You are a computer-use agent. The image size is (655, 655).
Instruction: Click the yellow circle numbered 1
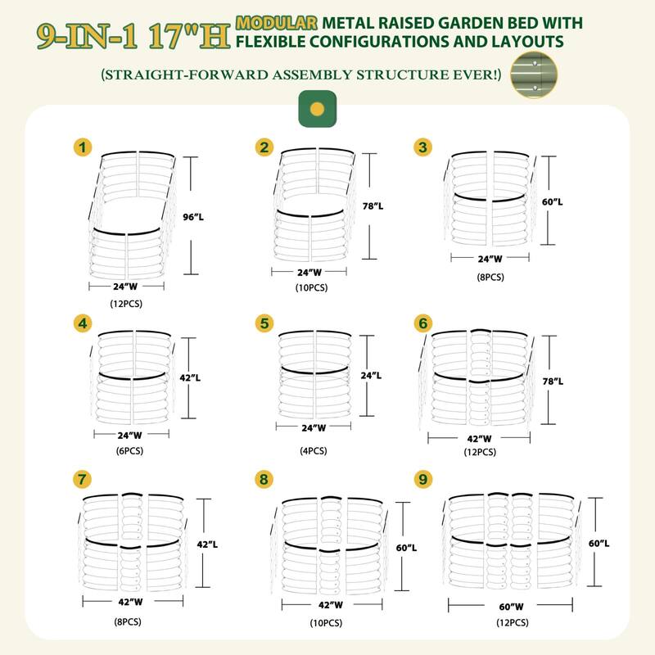point(82,147)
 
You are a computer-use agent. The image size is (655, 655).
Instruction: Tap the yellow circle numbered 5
point(264,323)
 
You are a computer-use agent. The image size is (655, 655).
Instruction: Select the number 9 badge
point(423,479)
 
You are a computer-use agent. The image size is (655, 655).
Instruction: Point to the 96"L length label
point(210,217)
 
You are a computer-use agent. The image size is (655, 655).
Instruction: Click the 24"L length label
point(372,375)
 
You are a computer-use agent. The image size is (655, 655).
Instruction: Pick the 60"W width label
point(511,606)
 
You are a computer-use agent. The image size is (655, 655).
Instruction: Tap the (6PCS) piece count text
point(125,450)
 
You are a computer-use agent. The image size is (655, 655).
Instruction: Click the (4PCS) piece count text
point(314,450)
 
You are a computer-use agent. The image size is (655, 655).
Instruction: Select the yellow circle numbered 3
point(423,147)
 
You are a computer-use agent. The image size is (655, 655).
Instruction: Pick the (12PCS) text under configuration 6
point(480,452)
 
